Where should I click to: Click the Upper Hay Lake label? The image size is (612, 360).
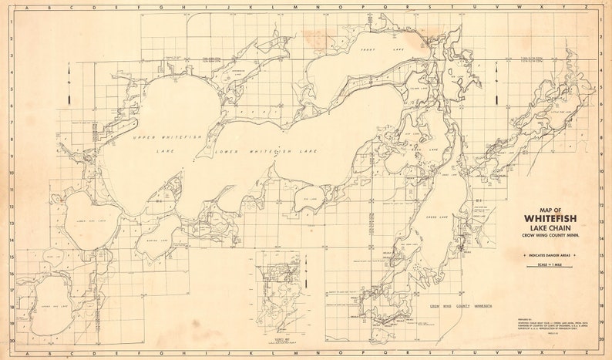click(x=56, y=306)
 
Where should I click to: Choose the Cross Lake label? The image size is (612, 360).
click(x=438, y=219)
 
